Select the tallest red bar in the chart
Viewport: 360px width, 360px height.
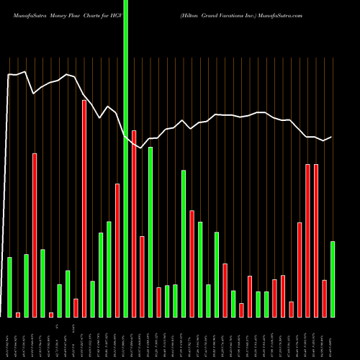click(x=84, y=209)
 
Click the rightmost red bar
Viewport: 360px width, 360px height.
click(x=325, y=298)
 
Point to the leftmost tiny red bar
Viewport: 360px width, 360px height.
click(x=18, y=315)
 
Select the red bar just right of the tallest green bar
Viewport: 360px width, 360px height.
click(x=134, y=223)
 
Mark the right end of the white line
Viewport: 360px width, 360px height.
click(x=332, y=137)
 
